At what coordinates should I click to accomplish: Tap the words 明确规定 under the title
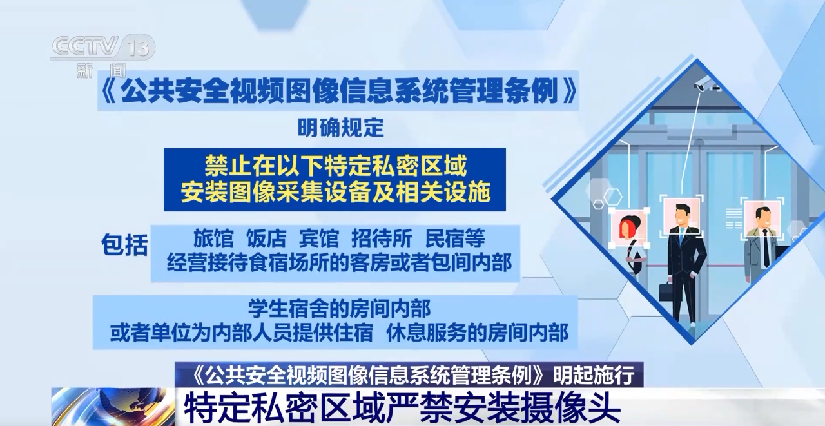pyautogui.click(x=341, y=128)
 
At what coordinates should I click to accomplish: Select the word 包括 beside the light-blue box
pyautogui.click(x=125, y=244)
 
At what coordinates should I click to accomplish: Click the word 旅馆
pyautogui.click(x=213, y=238)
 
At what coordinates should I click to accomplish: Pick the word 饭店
pyautogui.click(x=266, y=238)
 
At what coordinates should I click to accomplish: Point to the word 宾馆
pyautogui.click(x=319, y=238)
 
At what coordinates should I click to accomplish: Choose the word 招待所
pyautogui.click(x=382, y=238)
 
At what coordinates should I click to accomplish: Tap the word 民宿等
pyautogui.click(x=455, y=238)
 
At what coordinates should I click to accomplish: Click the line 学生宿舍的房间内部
pyautogui.click(x=339, y=309)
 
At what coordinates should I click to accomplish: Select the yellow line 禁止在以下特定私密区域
pyautogui.click(x=336, y=166)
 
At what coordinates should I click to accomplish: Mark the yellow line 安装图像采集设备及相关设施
pyautogui.click(x=336, y=191)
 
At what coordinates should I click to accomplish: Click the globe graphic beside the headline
pyautogui.click(x=113, y=407)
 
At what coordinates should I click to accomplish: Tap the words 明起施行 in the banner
pyautogui.click(x=594, y=375)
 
